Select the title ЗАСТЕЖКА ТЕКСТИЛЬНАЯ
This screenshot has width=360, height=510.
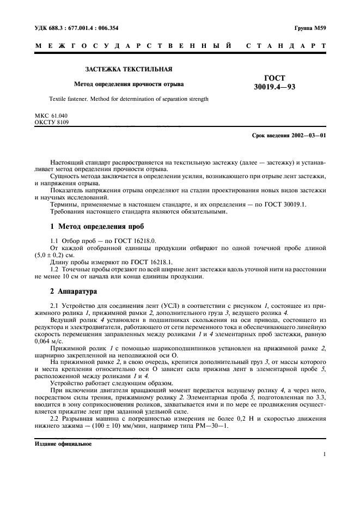(x=129, y=70)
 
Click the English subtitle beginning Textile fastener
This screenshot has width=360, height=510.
(x=129, y=99)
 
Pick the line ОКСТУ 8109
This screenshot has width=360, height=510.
(x=52, y=123)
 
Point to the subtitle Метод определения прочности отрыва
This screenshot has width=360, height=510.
(x=129, y=84)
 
